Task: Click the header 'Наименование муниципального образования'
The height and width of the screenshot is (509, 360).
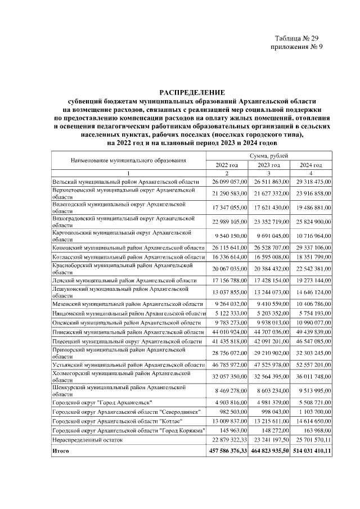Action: tap(128, 160)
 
